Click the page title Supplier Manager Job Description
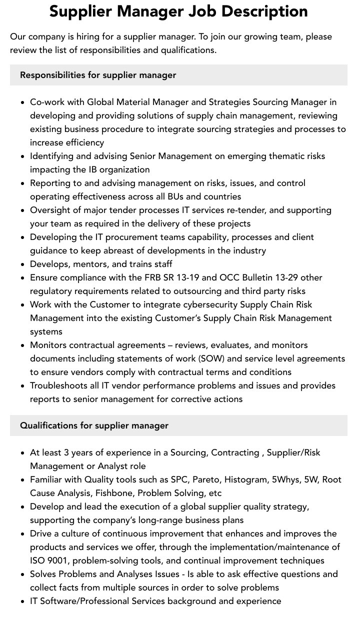(x=178, y=11)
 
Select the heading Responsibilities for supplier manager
(x=98, y=75)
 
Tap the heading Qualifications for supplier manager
(x=94, y=425)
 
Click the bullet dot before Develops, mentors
(x=23, y=264)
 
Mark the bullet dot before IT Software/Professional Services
(x=23, y=601)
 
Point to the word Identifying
(x=53, y=156)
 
